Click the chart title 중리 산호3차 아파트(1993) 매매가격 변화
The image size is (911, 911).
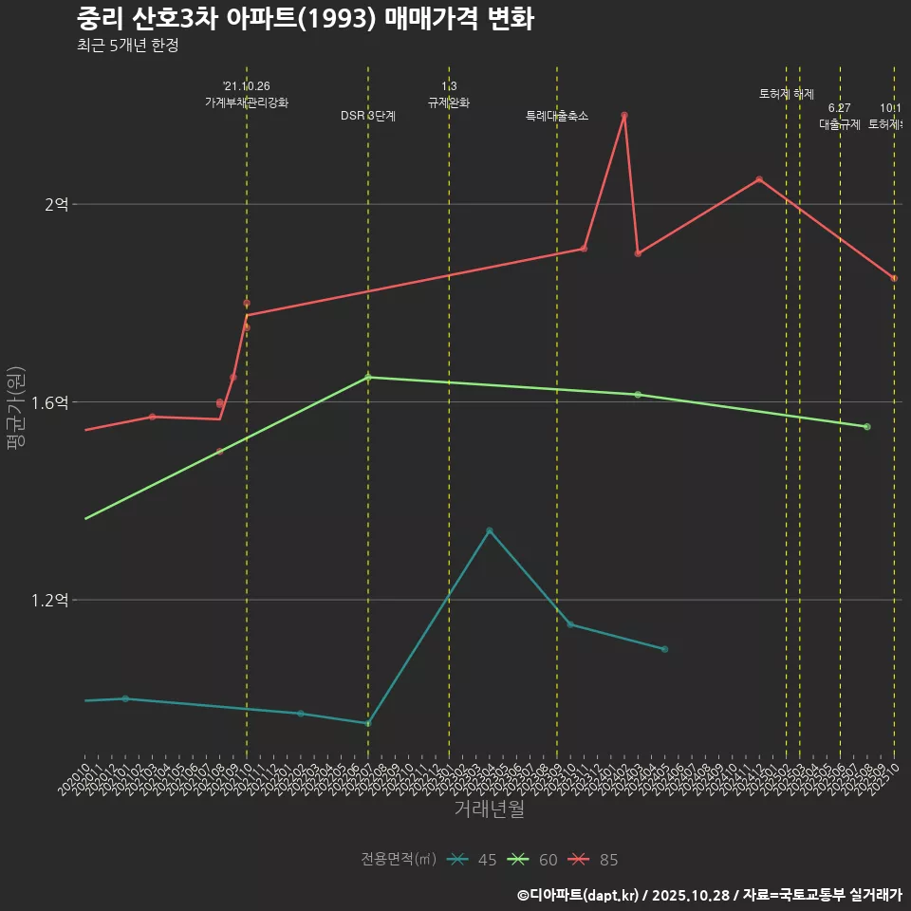click(x=304, y=19)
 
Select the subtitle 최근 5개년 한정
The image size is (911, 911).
click(x=127, y=46)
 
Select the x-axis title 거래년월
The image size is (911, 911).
click(x=489, y=809)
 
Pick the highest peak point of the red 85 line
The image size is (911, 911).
click(x=624, y=116)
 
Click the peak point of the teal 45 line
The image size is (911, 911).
click(x=490, y=530)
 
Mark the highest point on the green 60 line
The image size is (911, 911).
click(x=368, y=377)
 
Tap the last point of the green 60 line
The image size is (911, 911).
click(x=867, y=427)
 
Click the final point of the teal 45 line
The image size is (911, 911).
click(x=664, y=649)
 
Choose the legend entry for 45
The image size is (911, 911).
click(x=474, y=860)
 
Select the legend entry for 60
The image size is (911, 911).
click(x=534, y=860)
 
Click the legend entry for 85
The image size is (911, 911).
click(x=595, y=860)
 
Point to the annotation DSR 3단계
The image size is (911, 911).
click(x=368, y=116)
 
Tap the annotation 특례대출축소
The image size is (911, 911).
click(x=557, y=116)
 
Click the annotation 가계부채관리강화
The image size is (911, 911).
click(x=247, y=102)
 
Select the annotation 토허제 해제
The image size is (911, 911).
click(x=787, y=94)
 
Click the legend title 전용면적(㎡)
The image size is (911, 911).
click(x=399, y=860)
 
